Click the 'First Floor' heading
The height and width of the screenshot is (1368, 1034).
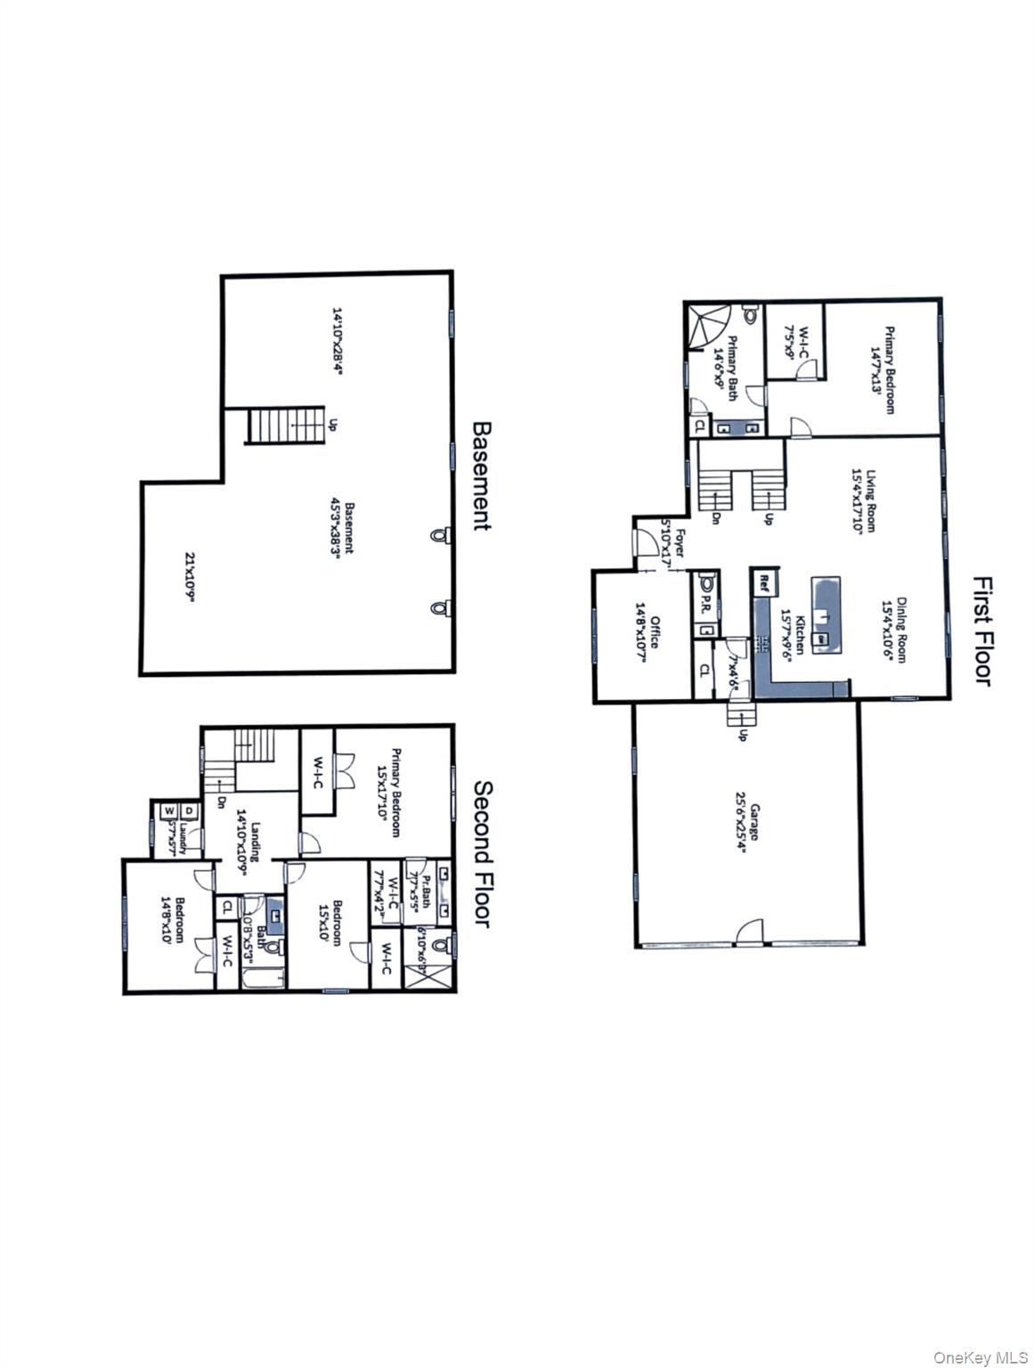click(x=981, y=631)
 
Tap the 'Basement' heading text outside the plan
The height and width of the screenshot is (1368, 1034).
click(x=481, y=476)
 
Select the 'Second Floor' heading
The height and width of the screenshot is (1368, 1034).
click(x=482, y=853)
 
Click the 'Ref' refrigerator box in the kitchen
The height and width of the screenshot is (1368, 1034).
click(x=763, y=583)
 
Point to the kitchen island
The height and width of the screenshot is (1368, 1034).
click(x=825, y=615)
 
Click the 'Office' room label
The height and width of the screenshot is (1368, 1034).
click(x=649, y=632)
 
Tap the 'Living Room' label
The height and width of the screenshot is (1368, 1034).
click(x=864, y=501)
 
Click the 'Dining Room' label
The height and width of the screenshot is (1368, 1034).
click(x=894, y=629)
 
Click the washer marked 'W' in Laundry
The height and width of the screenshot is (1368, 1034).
click(x=167, y=811)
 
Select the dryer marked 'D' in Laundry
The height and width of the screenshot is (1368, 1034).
click(x=189, y=811)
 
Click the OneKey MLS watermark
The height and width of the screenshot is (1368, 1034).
click(x=980, y=1357)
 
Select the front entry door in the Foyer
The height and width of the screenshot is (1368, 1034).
click(x=644, y=543)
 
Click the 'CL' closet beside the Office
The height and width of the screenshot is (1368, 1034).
click(x=704, y=670)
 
